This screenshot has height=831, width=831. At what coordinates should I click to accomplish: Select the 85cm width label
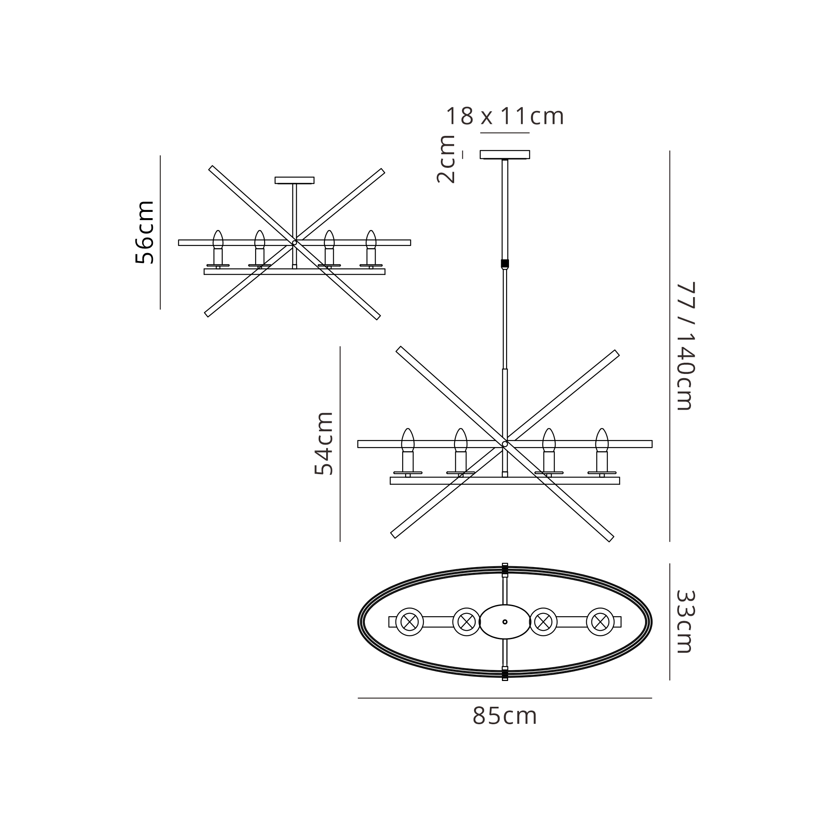tap(505, 716)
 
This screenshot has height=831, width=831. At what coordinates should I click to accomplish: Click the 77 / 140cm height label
tap(686, 346)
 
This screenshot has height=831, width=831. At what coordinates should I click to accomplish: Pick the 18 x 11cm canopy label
tap(504, 116)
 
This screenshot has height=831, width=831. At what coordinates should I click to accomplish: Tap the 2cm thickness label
tap(446, 160)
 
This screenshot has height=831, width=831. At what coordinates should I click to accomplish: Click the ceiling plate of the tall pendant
tap(505, 155)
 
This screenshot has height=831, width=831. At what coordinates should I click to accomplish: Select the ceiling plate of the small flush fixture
tap(295, 180)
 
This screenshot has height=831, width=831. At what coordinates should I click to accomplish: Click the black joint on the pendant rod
tap(505, 263)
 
